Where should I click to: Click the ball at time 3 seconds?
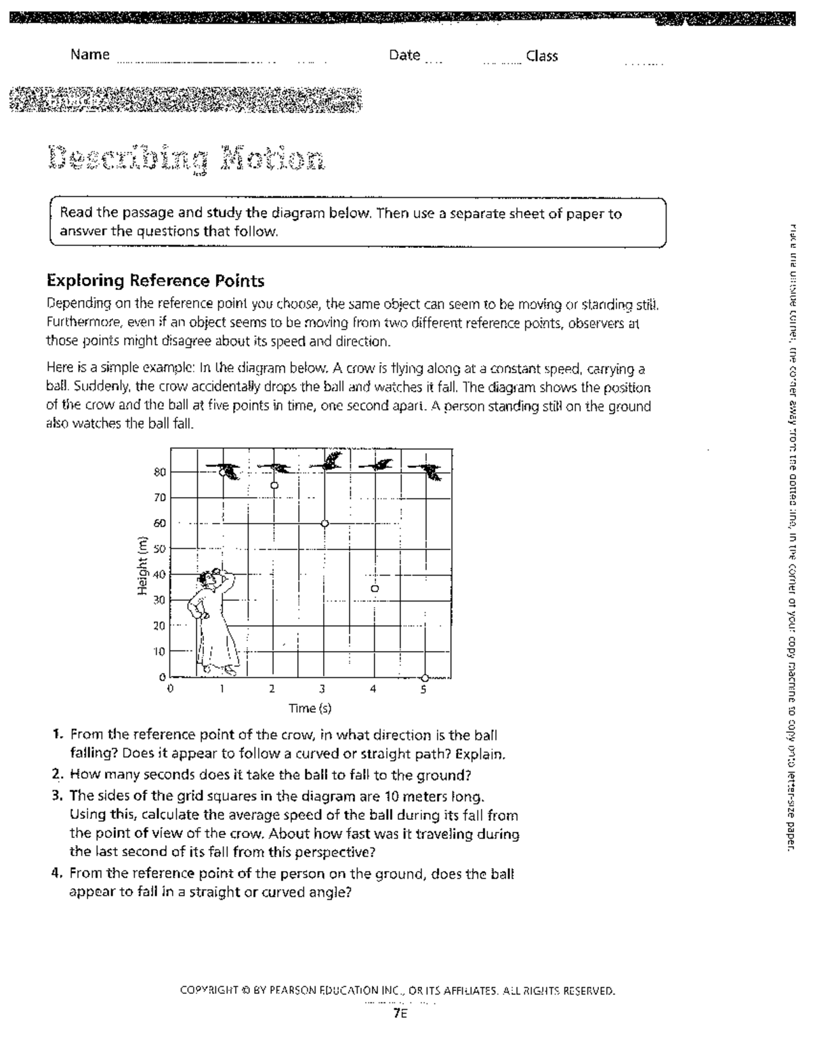pyautogui.click(x=325, y=524)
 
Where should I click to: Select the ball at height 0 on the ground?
pyautogui.click(x=425, y=677)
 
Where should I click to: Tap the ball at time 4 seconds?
pyautogui.click(x=375, y=589)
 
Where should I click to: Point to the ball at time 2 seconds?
pyautogui.click(x=274, y=485)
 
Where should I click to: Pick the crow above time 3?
pyautogui.click(x=328, y=462)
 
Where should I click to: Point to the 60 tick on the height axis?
pyautogui.click(x=159, y=523)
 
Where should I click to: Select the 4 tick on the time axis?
pyautogui.click(x=373, y=690)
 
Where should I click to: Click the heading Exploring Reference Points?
pyautogui.click(x=155, y=280)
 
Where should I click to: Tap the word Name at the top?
pyautogui.click(x=90, y=55)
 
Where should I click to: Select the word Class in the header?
pyautogui.click(x=542, y=56)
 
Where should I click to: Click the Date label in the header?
pyautogui.click(x=404, y=56)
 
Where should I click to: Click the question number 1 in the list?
pyautogui.click(x=58, y=735)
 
